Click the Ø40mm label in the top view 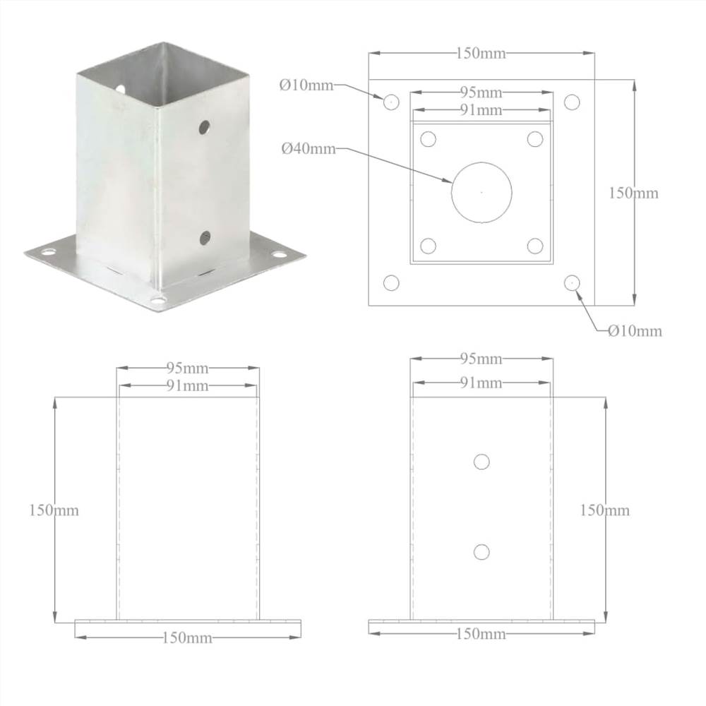point(308,149)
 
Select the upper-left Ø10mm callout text point(306,85)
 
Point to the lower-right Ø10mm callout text point(635,330)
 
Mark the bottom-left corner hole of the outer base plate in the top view point(391,283)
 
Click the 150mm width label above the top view point(481,54)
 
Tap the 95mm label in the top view point(481,92)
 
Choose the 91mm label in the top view point(481,110)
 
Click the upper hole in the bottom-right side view point(481,462)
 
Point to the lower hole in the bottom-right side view point(481,551)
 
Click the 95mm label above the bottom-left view point(187,368)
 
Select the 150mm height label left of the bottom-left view point(54,510)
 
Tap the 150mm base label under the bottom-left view point(187,638)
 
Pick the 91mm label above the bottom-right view point(481,383)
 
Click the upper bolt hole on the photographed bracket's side point(204,128)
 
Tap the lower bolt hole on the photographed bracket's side point(205,237)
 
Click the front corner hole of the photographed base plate point(158,301)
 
